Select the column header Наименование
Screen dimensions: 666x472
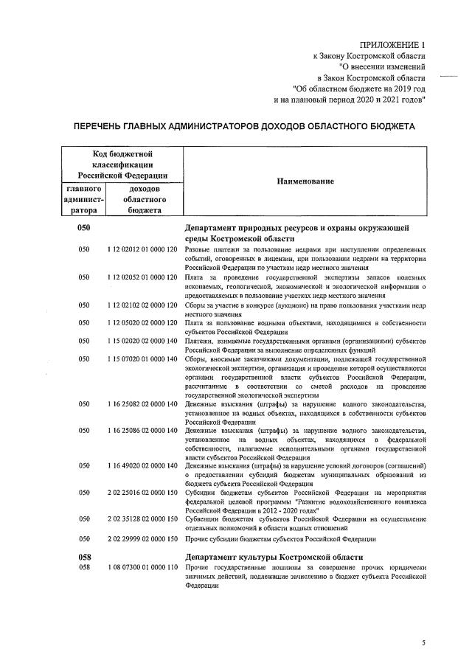[305, 181]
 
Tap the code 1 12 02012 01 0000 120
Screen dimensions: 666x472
[142, 250]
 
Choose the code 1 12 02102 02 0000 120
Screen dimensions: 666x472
[142, 304]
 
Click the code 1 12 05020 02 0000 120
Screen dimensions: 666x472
[142, 322]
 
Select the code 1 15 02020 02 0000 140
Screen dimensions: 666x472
[142, 340]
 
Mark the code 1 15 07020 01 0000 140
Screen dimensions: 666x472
[142, 358]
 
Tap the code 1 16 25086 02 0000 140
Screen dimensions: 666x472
[142, 430]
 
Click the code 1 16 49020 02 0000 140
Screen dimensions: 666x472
[142, 465]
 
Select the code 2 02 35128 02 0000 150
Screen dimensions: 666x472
[142, 519]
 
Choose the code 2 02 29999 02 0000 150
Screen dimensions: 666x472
[142, 538]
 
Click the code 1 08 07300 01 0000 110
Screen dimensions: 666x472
[142, 568]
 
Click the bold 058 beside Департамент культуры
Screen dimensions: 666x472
[84, 557]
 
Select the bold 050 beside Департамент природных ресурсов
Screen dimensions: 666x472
[84, 229]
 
